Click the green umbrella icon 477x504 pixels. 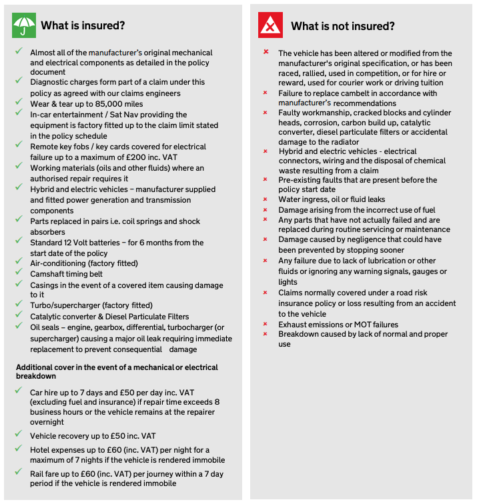click(23, 25)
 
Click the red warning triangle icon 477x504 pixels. click(270, 26)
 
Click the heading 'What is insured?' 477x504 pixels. click(83, 26)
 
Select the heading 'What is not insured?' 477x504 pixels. click(342, 26)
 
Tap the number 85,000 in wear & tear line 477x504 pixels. click(106, 103)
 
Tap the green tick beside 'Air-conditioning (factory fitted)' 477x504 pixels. click(18, 263)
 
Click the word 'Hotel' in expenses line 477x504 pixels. click(41, 450)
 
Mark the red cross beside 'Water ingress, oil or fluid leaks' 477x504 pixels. click(266, 199)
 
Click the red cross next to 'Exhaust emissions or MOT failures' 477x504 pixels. click(266, 324)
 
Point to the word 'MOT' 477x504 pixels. click(364, 324)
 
